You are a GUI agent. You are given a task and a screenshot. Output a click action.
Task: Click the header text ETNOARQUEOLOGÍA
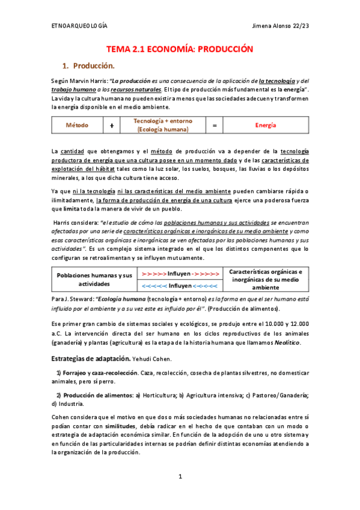(79, 25)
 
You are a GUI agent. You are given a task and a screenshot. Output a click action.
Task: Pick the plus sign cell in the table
(112, 125)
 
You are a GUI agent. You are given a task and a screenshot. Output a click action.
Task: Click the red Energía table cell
(265, 125)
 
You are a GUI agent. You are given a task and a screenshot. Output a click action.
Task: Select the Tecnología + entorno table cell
(163, 125)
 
